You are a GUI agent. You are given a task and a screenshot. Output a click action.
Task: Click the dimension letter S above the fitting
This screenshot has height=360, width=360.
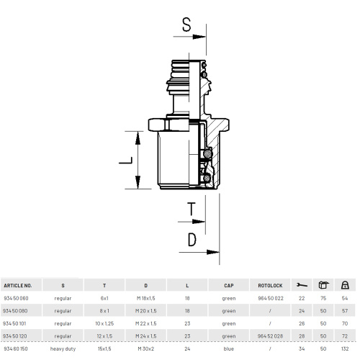tap(186, 24)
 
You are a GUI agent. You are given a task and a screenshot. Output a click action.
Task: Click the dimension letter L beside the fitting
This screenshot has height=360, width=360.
tap(126, 161)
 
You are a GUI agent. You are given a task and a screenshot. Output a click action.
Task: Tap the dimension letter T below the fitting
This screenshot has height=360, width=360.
tap(192, 209)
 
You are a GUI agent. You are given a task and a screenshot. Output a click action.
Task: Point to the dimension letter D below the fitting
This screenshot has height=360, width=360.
tap(192, 240)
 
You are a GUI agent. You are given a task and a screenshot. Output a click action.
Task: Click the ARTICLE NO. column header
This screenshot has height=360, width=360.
tap(18, 286)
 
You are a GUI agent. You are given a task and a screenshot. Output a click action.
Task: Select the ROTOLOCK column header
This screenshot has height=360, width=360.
tap(270, 286)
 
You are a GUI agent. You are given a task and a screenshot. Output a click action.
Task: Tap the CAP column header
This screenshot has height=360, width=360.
tap(229, 286)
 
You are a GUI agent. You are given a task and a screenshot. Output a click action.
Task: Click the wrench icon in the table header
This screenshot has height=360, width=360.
tap(302, 285)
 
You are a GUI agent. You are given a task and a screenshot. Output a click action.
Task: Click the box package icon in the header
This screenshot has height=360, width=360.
tap(323, 285)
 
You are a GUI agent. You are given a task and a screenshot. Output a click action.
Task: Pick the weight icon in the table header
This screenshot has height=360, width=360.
tap(345, 285)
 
